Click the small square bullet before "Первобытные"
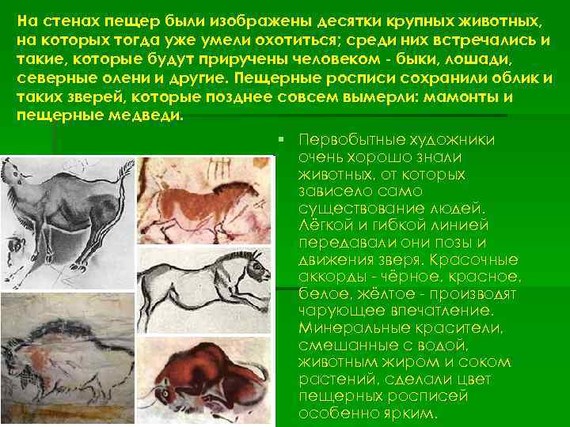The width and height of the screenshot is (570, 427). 282,140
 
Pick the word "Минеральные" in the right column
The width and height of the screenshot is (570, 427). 344,327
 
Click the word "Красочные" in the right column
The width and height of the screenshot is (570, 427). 481,259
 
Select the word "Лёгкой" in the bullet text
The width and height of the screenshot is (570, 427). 322,225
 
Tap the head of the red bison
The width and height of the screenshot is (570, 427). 169,391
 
